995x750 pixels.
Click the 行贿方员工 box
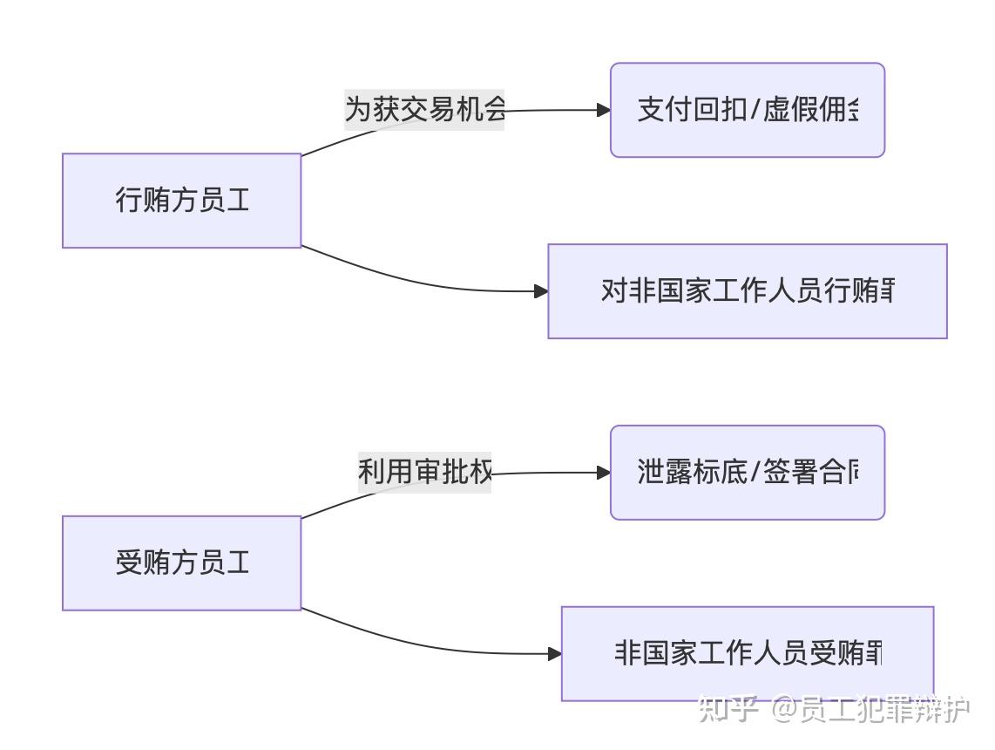pyautogui.click(x=181, y=201)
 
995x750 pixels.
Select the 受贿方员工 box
pyautogui.click(x=181, y=562)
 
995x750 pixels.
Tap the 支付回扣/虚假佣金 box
pyautogui.click(x=747, y=110)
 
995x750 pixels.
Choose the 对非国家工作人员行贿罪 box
pyautogui.click(x=747, y=291)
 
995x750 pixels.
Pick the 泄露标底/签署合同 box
pyautogui.click(x=747, y=473)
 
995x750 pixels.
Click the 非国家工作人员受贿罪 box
pyautogui.click(x=747, y=653)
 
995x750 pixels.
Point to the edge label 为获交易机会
pyautogui.click(x=424, y=110)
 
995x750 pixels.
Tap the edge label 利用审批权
pyautogui.click(x=424, y=473)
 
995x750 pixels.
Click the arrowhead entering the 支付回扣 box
pyautogui.click(x=603, y=110)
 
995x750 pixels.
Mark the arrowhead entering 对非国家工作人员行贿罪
pyautogui.click(x=540, y=291)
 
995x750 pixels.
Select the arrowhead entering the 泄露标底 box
pyautogui.click(x=603, y=473)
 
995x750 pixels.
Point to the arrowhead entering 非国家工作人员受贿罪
pyautogui.click(x=554, y=653)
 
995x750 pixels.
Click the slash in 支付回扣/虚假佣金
pyautogui.click(x=755, y=111)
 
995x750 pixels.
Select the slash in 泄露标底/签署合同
pyautogui.click(x=755, y=474)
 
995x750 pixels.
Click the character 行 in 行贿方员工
pyautogui.click(x=128, y=201)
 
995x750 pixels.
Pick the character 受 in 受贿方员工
pyautogui.click(x=128, y=562)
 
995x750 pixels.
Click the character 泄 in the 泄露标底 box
pyautogui.click(x=650, y=473)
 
